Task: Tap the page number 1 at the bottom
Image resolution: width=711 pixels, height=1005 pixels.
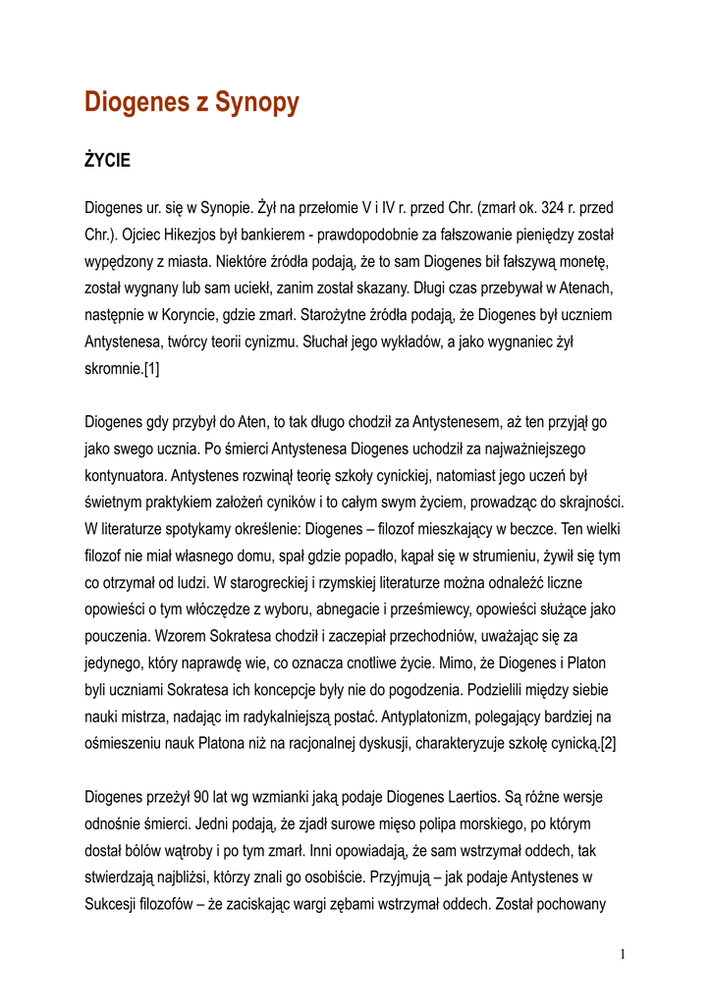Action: click(x=624, y=953)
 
